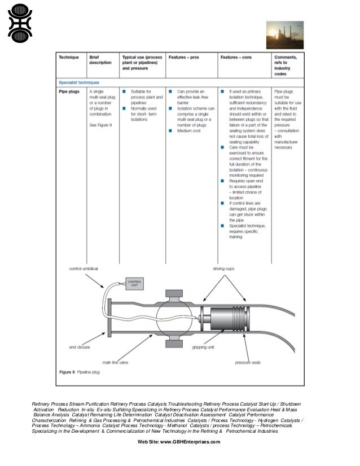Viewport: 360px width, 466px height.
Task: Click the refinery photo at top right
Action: tap(285, 35)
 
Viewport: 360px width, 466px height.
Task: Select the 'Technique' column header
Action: tap(69, 58)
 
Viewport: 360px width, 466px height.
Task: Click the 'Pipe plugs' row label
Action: tap(69, 90)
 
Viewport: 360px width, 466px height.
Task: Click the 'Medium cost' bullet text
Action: tap(188, 130)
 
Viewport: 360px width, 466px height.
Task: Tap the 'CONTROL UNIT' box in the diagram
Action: tap(135, 283)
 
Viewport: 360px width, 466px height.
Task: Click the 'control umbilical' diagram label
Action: tap(84, 269)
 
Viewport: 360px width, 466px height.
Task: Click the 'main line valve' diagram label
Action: tap(117, 361)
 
